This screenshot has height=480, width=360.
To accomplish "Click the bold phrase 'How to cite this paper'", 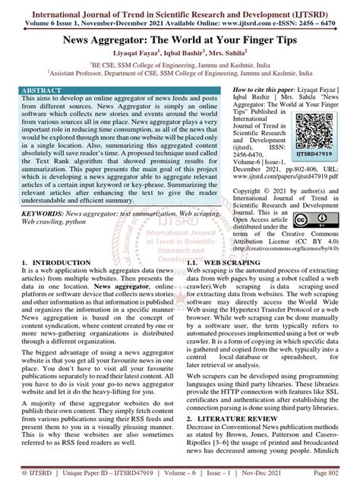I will click(x=274, y=88).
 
